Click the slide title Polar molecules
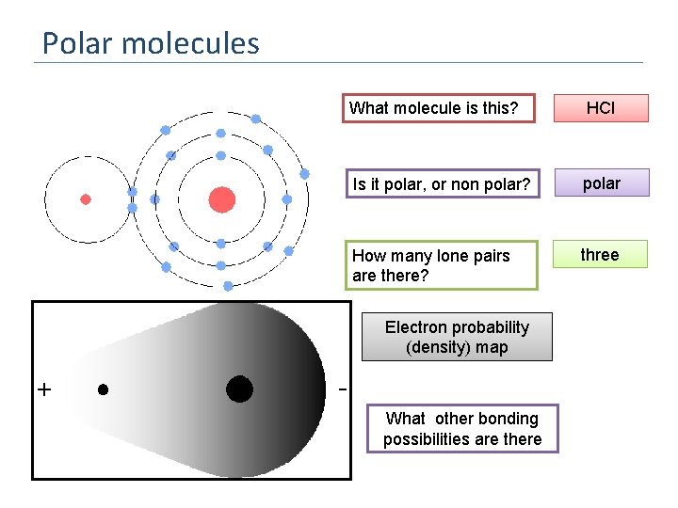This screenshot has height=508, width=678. (x=151, y=43)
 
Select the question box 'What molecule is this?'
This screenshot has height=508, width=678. (x=437, y=108)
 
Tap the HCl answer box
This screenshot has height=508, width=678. (x=600, y=108)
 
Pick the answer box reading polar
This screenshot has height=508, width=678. (x=601, y=183)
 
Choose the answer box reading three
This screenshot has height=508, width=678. (x=600, y=255)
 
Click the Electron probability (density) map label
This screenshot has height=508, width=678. (x=457, y=338)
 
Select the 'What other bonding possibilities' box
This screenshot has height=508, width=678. (x=462, y=429)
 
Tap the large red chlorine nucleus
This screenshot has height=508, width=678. (x=221, y=199)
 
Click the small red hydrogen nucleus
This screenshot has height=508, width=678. (x=86, y=199)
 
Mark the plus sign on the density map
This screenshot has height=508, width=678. (x=44, y=389)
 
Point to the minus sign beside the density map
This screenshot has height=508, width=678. (x=342, y=389)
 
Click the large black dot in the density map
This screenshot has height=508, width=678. (x=239, y=389)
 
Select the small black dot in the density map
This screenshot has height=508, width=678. (x=103, y=389)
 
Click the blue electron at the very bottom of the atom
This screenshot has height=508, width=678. (x=228, y=285)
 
